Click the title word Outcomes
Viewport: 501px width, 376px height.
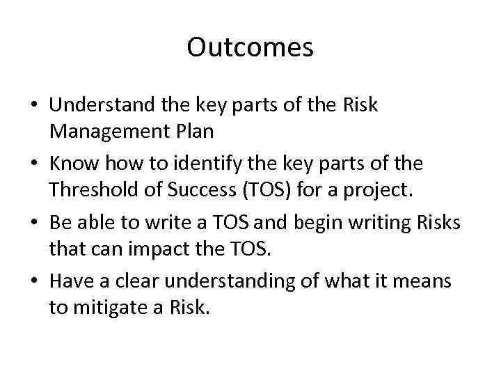250,47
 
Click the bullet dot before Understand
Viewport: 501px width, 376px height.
33,106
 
